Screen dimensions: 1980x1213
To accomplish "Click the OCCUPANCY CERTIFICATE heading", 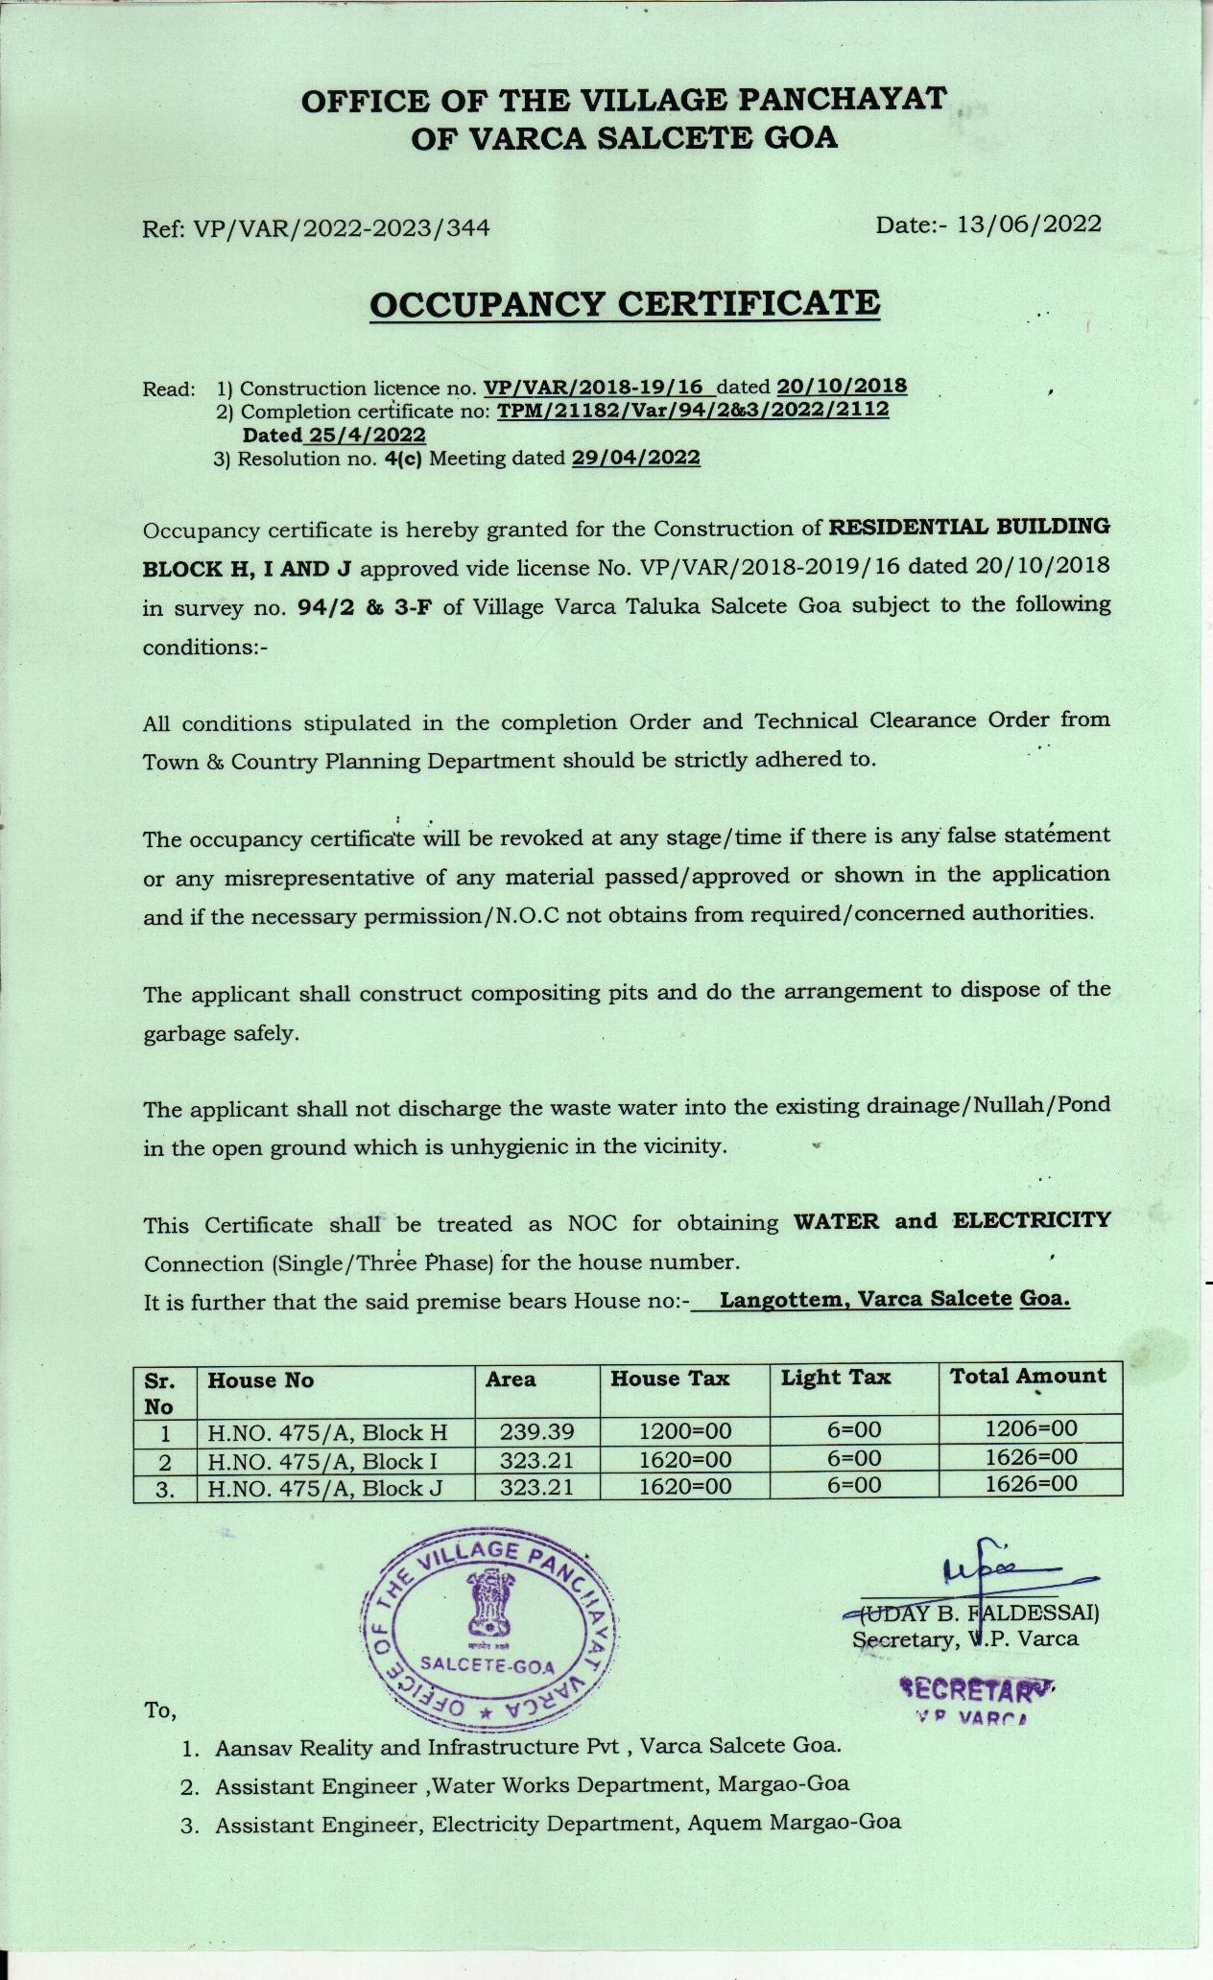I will coord(625,304).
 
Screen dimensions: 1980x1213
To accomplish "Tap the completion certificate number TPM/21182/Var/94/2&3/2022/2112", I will coord(693,411).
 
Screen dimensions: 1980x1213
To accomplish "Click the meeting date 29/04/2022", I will coord(636,459).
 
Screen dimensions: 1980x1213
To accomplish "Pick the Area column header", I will coord(511,1379).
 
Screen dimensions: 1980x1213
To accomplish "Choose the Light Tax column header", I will coord(835,1378).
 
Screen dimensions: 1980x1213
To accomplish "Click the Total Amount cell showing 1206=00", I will coord(1031,1428).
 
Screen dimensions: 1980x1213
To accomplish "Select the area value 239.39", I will coord(536,1432).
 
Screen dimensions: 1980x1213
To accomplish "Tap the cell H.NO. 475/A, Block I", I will coord(327,1461).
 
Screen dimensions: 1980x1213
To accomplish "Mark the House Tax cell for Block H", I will coord(685,1431).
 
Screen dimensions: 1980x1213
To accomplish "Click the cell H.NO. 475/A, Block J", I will coord(327,1489).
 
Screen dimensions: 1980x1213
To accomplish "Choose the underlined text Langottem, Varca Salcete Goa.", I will coord(894,1300).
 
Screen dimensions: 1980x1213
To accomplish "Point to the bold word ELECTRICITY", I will coord(1032,1221).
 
